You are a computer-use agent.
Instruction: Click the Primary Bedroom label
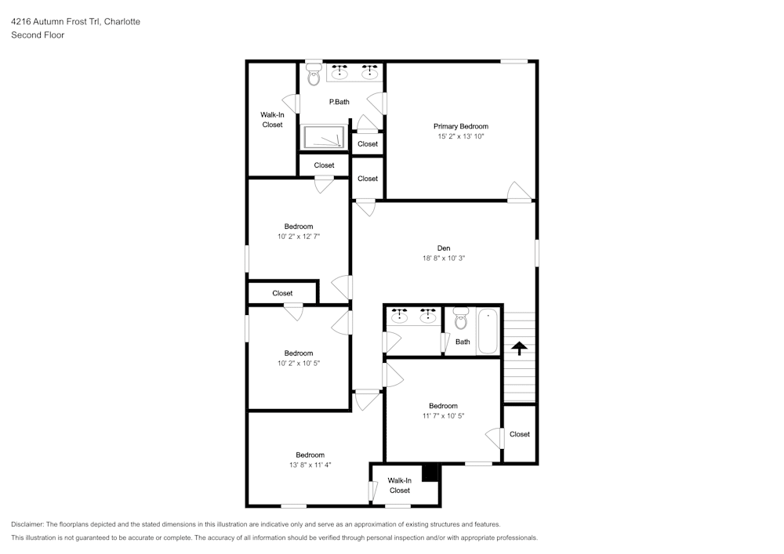point(460,126)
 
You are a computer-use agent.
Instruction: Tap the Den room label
point(444,248)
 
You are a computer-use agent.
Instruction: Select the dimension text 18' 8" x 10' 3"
point(444,259)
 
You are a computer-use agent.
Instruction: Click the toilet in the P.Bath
point(314,74)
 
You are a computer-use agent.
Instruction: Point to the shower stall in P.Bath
point(324,136)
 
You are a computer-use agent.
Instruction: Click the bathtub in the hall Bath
point(488,331)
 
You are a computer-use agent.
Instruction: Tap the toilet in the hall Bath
point(461,319)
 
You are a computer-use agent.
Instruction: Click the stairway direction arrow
point(520,348)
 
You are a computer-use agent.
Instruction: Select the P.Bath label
point(339,102)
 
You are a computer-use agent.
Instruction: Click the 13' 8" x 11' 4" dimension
point(310,465)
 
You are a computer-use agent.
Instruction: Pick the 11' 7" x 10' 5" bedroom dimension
point(443,415)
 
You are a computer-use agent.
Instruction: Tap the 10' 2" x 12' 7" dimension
point(299,237)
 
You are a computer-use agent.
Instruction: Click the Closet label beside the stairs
point(520,434)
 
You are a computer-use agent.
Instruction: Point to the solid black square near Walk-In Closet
point(430,473)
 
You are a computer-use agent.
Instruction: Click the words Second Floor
point(38,35)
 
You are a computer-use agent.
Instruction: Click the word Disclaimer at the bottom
point(27,524)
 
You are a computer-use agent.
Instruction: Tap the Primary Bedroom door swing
point(520,192)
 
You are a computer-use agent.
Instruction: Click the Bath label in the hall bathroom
point(463,342)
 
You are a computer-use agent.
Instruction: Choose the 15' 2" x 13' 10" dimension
point(461,136)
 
